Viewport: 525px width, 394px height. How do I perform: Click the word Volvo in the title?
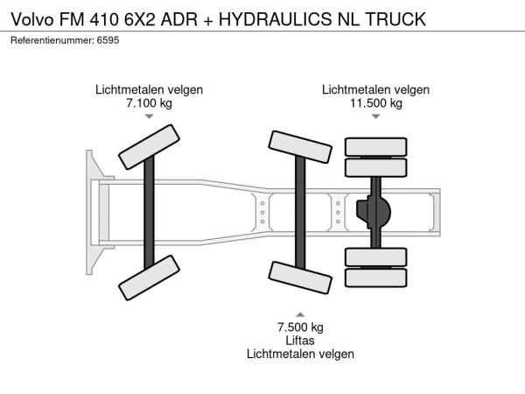pos(32,19)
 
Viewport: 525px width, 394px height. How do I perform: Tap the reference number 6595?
pos(108,40)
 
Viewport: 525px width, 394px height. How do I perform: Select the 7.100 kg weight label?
pos(149,102)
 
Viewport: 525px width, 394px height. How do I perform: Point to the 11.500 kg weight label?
pos(376,102)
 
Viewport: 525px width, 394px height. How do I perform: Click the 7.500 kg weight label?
pos(300,327)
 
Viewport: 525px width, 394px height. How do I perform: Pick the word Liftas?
pos(300,341)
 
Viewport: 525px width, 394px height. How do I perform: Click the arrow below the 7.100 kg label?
pos(149,116)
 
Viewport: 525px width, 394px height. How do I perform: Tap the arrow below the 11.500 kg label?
pos(376,116)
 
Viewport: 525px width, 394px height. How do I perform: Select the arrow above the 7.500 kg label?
pos(300,314)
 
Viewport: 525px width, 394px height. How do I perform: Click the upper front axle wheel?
pos(149,147)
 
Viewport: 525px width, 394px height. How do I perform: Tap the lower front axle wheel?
pos(149,278)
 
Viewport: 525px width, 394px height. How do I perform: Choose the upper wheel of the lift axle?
pos(300,147)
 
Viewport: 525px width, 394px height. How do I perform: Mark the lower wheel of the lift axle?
pos(300,278)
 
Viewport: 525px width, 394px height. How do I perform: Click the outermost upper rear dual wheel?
pos(376,147)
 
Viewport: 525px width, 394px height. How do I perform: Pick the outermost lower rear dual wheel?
pos(376,278)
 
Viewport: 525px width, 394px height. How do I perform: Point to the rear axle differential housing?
pos(374,212)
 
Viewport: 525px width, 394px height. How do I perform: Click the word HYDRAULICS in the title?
pos(276,19)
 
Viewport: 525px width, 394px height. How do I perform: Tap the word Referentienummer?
pos(52,40)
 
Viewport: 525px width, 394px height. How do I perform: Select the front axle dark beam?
pos(149,213)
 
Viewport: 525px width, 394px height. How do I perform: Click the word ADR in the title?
pos(179,19)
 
